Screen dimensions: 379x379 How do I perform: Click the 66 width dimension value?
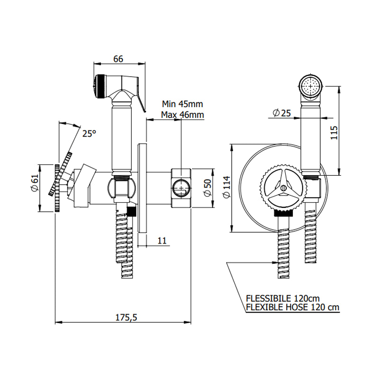(118, 59)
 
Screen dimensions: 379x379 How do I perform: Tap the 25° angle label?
(89, 134)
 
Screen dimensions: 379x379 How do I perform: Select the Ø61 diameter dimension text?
(34, 183)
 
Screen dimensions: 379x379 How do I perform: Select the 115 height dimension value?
(334, 131)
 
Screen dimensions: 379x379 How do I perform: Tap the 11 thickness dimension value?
(162, 240)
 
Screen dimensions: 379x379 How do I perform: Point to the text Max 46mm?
(182, 115)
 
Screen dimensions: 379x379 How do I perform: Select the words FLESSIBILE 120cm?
(282, 298)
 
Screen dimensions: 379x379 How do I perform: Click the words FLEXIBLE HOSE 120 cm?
(292, 307)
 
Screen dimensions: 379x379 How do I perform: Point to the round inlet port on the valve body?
(180, 189)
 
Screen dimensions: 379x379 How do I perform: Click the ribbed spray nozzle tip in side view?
(99, 86)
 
